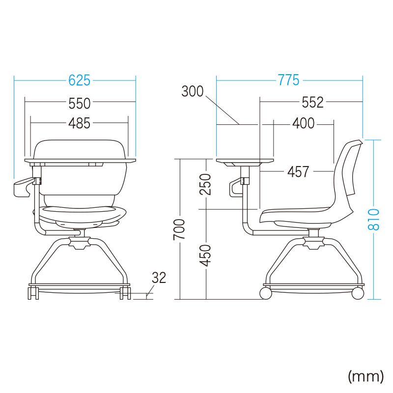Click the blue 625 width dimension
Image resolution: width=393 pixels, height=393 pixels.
(x=79, y=81)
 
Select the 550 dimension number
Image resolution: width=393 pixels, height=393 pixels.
(x=80, y=103)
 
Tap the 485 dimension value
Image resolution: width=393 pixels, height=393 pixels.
(x=79, y=123)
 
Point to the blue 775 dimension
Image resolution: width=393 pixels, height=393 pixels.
(x=289, y=80)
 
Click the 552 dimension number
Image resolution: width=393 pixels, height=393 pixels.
(x=312, y=102)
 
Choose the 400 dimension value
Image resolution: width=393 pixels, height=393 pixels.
(x=303, y=123)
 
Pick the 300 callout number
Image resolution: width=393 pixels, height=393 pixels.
(x=193, y=91)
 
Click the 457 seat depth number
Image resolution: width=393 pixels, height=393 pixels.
(x=298, y=172)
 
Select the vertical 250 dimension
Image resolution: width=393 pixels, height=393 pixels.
(x=205, y=185)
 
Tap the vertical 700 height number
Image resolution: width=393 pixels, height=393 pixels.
(x=179, y=229)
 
